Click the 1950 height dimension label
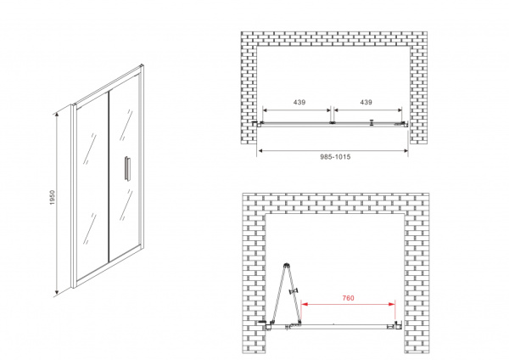click(53, 198)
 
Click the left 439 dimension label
click(299, 103)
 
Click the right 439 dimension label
click(366, 103)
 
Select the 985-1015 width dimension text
click(335, 157)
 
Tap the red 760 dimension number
click(349, 298)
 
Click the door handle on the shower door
click(126, 167)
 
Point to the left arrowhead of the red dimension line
click(305, 304)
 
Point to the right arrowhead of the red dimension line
click(392, 304)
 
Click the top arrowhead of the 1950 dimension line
click(57, 114)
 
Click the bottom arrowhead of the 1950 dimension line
click(57, 294)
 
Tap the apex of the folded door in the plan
click(287, 265)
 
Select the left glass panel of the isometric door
click(92, 188)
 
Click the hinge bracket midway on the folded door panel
click(294, 291)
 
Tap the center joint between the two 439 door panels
click(332, 123)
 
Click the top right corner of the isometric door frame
click(143, 65)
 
